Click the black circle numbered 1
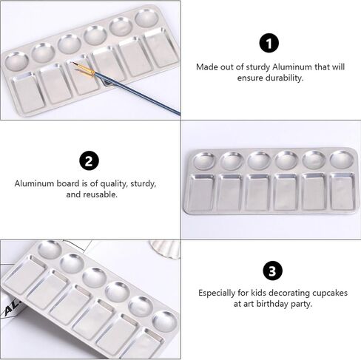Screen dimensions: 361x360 269,43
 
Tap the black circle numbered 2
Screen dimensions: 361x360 89,160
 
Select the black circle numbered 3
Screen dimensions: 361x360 272,271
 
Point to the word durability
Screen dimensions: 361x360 284,78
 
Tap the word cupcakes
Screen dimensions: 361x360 330,293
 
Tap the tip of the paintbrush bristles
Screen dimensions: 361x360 72,63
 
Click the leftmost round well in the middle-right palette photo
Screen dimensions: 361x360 205,161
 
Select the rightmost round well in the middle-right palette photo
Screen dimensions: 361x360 342,160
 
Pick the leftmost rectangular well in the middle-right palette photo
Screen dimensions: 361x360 202,192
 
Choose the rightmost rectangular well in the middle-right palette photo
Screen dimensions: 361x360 343,191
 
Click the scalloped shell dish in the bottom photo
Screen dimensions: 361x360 165,249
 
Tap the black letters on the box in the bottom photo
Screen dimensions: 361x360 12,308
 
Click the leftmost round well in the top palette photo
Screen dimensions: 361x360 17,61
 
